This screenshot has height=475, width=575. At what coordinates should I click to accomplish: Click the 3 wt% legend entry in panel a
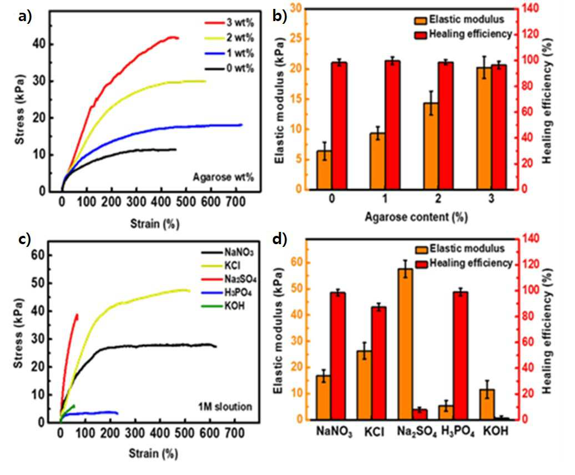point(229,23)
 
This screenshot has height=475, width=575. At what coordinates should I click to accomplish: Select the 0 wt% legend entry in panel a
point(229,69)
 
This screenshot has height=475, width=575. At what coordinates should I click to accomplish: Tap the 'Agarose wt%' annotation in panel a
point(223,178)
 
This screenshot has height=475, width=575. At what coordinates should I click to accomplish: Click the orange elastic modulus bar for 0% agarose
point(325,170)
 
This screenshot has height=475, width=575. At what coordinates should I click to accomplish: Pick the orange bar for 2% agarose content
point(431,146)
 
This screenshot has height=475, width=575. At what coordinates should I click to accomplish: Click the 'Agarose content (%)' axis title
point(416,217)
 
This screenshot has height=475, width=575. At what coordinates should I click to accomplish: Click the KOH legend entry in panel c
point(223,306)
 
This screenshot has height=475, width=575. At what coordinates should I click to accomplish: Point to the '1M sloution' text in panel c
point(225,406)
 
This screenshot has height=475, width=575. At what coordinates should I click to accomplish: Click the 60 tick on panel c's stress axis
point(37,255)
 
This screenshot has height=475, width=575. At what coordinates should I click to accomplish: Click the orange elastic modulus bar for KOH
point(487,405)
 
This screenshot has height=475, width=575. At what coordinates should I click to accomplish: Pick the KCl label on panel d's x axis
point(375,432)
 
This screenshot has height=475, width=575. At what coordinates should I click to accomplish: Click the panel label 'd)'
point(280,239)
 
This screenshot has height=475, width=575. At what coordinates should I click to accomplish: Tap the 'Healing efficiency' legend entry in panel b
point(463,34)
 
